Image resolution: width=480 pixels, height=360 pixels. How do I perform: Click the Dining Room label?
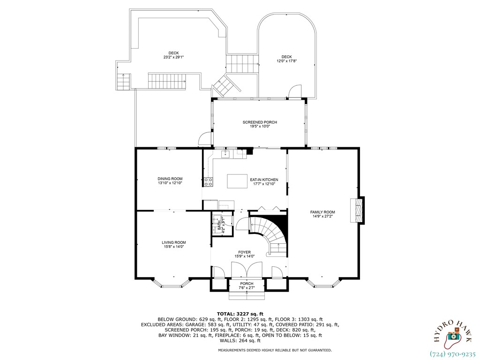point(170,179)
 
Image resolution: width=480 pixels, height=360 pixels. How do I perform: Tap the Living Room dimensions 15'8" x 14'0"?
point(174,247)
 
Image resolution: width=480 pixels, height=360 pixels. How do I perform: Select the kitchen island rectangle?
point(237,181)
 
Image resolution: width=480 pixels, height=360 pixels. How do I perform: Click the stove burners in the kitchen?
point(208,182)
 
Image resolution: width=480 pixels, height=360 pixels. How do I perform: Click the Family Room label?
point(322,212)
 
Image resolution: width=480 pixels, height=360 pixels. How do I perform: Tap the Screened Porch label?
point(260,122)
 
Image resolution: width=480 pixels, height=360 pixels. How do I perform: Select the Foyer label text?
point(244,252)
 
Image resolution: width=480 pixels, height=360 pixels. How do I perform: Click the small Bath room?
point(218,225)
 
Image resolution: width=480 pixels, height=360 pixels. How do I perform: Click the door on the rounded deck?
point(295,92)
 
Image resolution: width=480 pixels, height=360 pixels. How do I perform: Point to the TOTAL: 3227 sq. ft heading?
point(240,314)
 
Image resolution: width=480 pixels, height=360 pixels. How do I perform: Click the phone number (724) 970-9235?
point(452,354)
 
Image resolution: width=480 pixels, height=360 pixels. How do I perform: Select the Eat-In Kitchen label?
point(264,180)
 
